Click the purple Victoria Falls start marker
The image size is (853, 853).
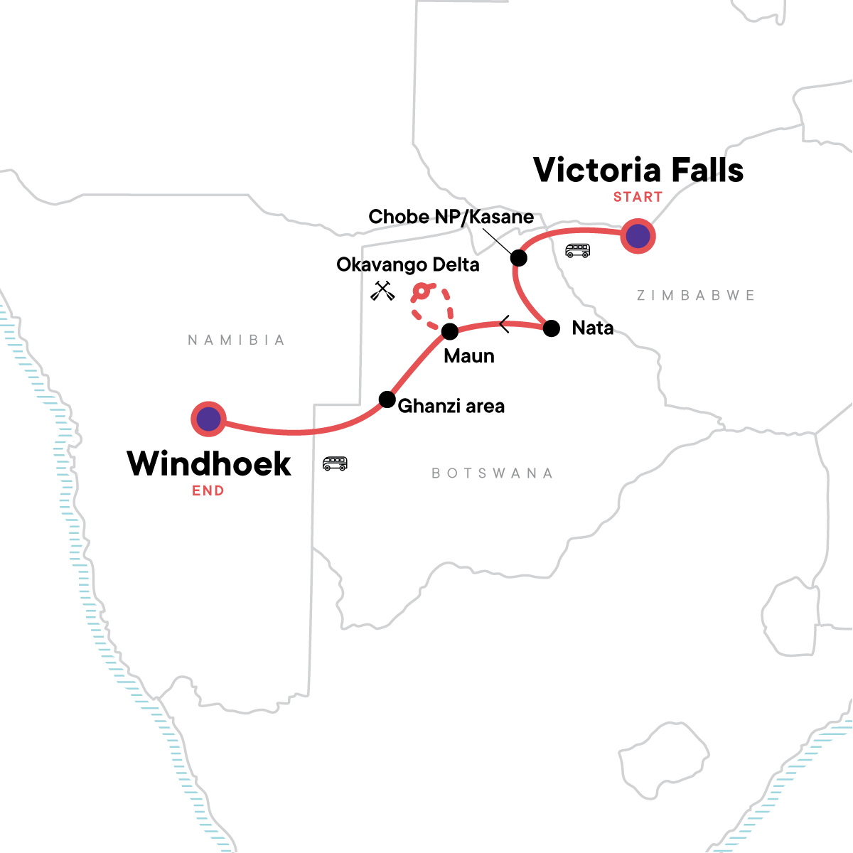638,236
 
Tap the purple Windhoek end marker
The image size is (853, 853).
208,419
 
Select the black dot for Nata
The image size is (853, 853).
552,328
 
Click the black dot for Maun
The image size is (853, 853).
450,331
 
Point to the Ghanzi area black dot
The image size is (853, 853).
387,399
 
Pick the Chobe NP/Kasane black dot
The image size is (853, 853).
519,258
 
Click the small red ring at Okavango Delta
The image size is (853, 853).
422,291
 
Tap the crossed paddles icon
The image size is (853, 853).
382,291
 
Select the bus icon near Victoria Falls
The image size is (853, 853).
577,250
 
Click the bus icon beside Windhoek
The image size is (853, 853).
335,463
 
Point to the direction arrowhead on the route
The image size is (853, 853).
504,325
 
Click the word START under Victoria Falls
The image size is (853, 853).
638,197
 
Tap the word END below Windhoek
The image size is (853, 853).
208,490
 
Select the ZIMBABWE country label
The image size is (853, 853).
695,295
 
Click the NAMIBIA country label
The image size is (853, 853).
236,340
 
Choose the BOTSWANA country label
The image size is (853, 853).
492,473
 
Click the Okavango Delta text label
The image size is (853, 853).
408,265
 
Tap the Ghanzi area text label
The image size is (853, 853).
451,407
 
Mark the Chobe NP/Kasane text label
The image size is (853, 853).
451,217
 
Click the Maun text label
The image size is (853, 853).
469,356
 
